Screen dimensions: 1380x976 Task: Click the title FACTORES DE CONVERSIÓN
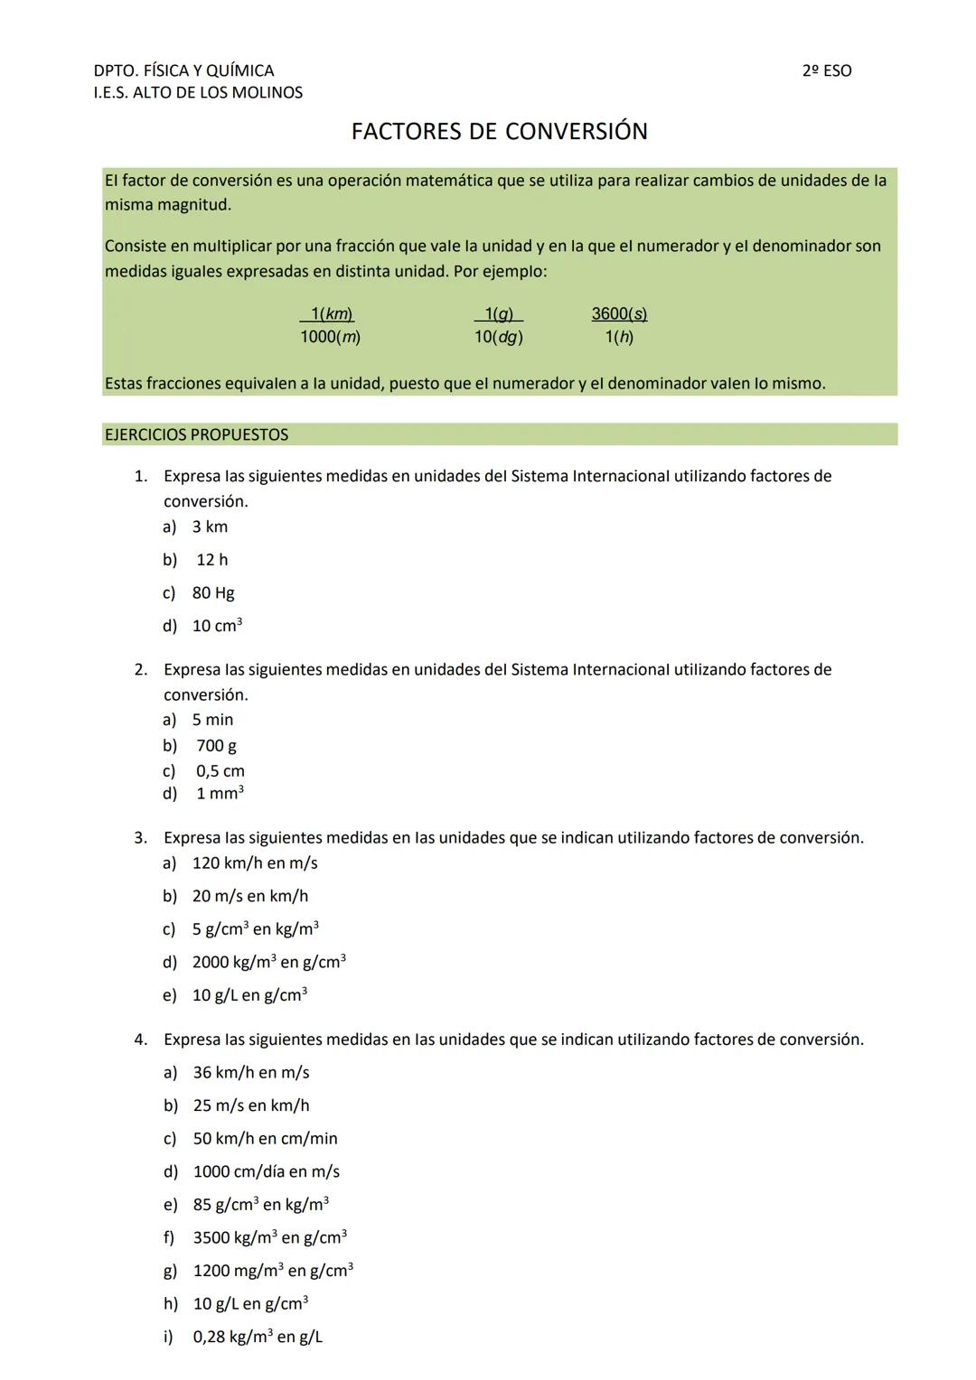click(499, 132)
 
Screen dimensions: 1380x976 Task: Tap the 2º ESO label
click(826, 70)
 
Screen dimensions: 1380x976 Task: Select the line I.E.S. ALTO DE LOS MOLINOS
click(198, 92)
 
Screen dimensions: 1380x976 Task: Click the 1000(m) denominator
click(331, 337)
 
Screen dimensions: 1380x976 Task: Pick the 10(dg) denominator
click(499, 337)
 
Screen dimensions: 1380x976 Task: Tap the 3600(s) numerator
click(619, 313)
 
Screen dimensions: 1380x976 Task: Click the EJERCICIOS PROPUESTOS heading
click(196, 434)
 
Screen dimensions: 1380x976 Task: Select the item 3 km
click(210, 527)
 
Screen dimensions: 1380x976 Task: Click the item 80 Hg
click(213, 593)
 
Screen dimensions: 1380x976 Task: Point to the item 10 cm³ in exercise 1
click(217, 626)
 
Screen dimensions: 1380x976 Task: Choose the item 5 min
click(212, 720)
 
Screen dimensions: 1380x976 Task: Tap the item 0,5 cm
click(221, 771)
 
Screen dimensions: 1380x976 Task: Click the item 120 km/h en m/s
click(255, 863)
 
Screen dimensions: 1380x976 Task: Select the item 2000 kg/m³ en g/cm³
click(268, 962)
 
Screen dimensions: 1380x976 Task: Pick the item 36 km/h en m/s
click(251, 1073)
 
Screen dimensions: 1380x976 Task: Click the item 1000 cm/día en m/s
click(267, 1171)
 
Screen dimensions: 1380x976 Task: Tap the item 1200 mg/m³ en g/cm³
click(273, 1271)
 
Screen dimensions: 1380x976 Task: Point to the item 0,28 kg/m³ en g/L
click(258, 1337)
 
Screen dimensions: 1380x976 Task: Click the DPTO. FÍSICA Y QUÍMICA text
click(183, 70)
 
